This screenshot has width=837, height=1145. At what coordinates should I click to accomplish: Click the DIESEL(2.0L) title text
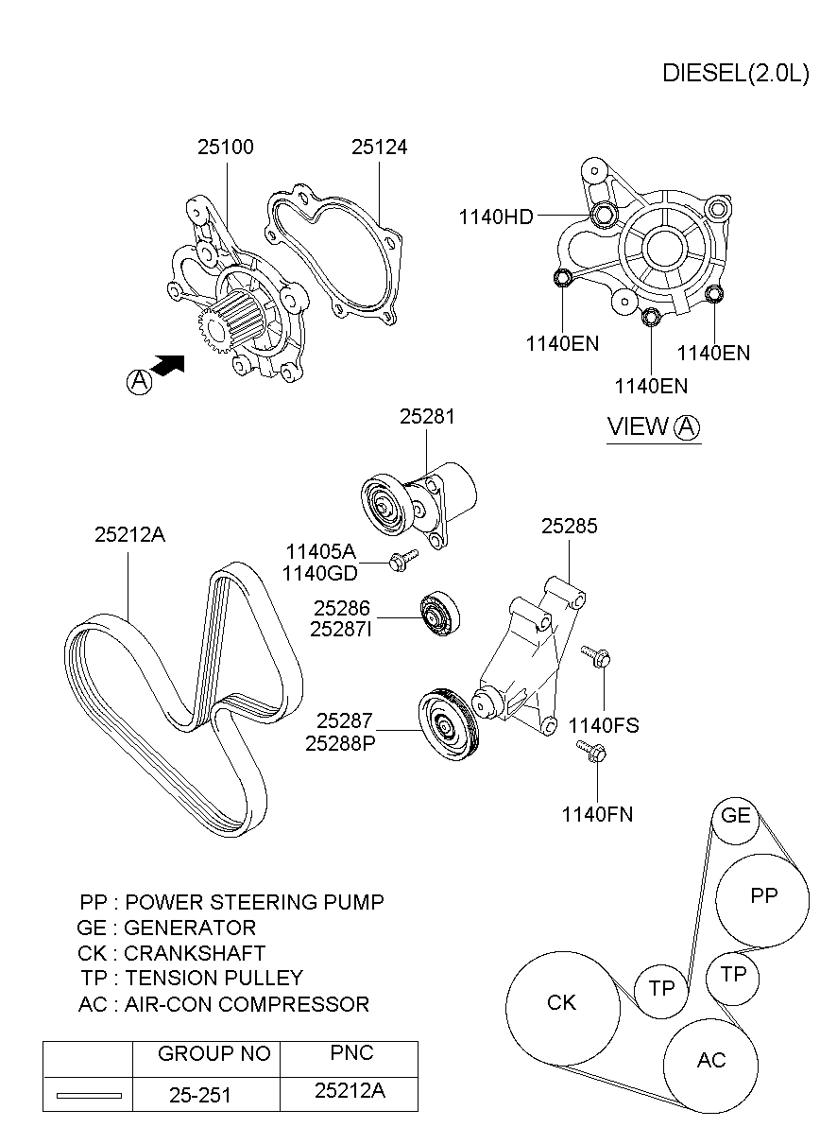coord(735,74)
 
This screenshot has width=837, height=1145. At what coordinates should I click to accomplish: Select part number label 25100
coord(225,147)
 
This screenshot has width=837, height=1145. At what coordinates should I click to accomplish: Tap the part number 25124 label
coord(379,147)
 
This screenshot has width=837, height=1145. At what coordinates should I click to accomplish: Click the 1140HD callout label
coord(496,217)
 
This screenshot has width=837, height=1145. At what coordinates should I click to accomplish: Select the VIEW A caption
coord(653,426)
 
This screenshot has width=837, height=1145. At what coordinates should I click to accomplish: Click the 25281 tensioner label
coord(426,416)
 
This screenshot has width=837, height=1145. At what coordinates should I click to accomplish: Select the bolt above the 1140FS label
coord(595,655)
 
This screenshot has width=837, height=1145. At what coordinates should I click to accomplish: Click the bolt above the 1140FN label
coord(591,752)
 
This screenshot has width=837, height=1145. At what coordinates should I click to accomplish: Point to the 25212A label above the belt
coord(129,534)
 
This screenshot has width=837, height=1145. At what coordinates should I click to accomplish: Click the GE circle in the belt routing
coord(735,816)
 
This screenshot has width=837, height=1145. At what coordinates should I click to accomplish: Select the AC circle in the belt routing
coord(710,1062)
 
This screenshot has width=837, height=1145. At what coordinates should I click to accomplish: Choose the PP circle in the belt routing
coord(762,898)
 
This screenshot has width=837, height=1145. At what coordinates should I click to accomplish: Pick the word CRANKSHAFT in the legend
coord(195,953)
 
